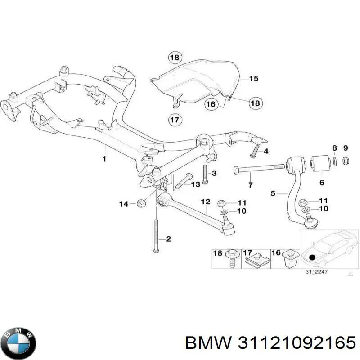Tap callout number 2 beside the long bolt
(x=168, y=239)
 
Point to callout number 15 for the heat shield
(x=253, y=79)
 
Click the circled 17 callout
(x=174, y=120)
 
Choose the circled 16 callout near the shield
(x=211, y=104)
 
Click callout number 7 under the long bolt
(x=251, y=185)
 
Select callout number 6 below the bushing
(x=321, y=182)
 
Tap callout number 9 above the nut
(x=346, y=148)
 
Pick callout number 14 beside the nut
(x=124, y=204)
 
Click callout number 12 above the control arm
(x=205, y=202)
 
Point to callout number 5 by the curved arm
(x=273, y=193)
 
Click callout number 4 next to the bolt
(x=265, y=152)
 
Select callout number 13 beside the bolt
(x=195, y=184)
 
